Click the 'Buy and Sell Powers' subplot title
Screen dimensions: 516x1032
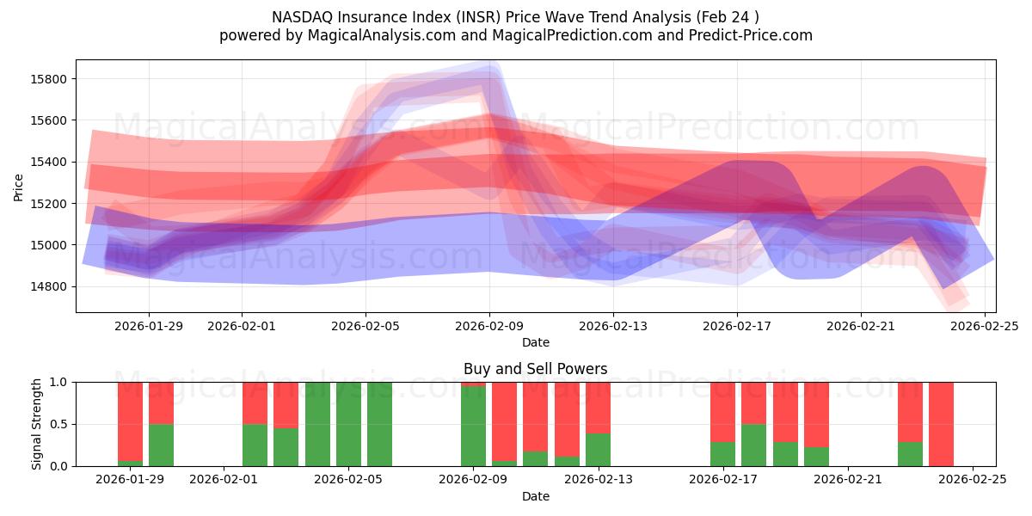(x=535, y=369)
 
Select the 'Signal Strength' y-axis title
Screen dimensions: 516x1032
(x=37, y=424)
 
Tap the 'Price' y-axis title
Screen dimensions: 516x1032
(x=19, y=186)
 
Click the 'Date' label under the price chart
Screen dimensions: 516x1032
(x=535, y=342)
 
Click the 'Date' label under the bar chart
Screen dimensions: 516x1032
(x=535, y=496)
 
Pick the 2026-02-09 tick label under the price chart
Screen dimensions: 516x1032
(x=489, y=326)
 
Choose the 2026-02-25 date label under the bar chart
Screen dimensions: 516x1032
(x=972, y=480)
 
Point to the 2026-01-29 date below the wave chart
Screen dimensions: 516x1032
(x=149, y=326)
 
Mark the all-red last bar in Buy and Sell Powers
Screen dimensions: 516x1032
(x=941, y=424)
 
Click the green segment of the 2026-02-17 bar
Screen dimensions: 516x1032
(x=722, y=454)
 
